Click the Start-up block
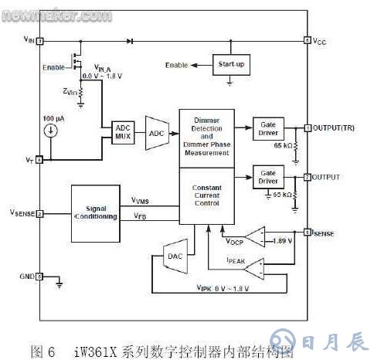231,64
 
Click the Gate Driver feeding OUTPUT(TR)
268,127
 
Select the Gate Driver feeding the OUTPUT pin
268,177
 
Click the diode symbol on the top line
130,39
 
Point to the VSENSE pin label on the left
22,212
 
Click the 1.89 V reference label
281,240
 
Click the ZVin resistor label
71,91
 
